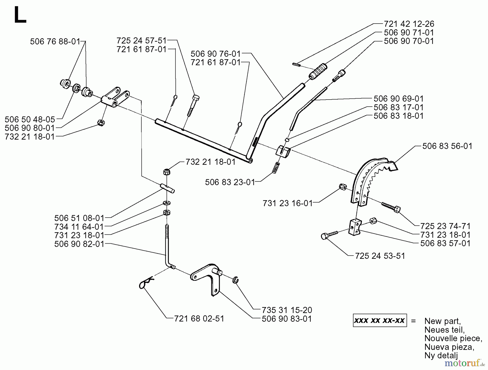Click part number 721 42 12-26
409,24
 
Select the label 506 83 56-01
447,146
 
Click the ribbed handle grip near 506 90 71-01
318,71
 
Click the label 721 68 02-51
199,318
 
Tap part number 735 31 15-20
287,310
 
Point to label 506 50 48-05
30,119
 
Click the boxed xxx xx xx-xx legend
380,320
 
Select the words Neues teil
445,330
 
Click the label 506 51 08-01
79,218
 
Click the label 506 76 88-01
55,42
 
